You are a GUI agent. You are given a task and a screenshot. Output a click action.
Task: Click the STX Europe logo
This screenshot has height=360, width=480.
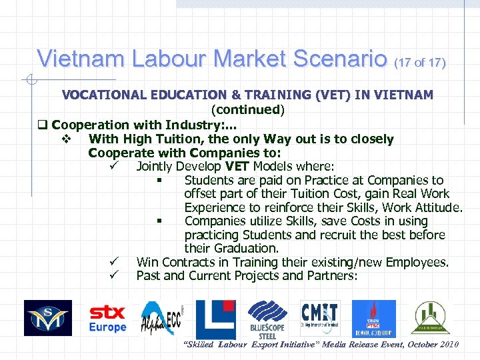[107, 319]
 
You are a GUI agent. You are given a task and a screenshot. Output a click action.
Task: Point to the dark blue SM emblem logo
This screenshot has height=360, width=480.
[48, 318]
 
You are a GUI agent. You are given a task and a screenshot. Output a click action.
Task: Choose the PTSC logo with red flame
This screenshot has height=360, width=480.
[373, 319]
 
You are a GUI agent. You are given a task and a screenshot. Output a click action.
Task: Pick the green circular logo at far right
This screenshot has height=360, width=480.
[431, 318]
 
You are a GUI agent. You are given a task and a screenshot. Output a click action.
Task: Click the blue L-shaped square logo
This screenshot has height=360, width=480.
[216, 318]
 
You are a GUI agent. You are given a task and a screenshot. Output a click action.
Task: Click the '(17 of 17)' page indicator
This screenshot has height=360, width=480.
[419, 63]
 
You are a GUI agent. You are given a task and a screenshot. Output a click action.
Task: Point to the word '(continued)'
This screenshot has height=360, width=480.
[247, 109]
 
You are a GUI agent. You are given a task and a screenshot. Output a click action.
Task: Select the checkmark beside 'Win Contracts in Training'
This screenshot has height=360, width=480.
[114, 262]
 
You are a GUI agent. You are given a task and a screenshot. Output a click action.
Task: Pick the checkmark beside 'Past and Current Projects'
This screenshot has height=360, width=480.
[114, 275]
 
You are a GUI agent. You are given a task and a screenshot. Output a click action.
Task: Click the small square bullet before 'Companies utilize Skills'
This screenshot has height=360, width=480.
[160, 221]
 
